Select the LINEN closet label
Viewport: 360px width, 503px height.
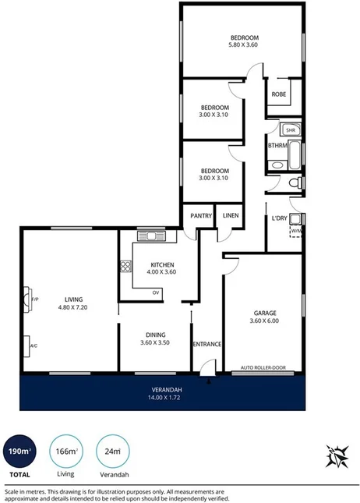tap(231, 216)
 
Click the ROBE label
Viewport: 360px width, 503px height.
tap(277, 94)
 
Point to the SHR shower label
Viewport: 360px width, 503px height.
tap(291, 130)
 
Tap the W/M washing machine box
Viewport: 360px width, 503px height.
tap(296, 231)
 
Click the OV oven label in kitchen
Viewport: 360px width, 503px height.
tap(156, 292)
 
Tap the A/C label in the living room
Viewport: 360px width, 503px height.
tap(34, 346)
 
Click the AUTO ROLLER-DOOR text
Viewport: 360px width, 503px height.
tap(263, 367)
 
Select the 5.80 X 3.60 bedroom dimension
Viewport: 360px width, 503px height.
tap(244, 45)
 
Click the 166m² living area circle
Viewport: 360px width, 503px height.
tap(67, 450)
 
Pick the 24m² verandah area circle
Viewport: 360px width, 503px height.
tap(112, 450)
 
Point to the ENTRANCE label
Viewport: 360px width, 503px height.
tap(207, 344)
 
